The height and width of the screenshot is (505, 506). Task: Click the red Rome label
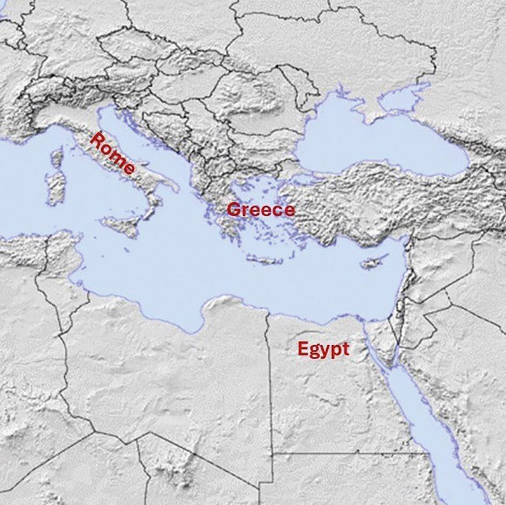coord(112,154)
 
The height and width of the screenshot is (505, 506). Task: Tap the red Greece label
coord(261,209)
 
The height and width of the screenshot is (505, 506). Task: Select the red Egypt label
coord(323,349)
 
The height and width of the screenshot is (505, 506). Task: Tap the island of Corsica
coord(57,158)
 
